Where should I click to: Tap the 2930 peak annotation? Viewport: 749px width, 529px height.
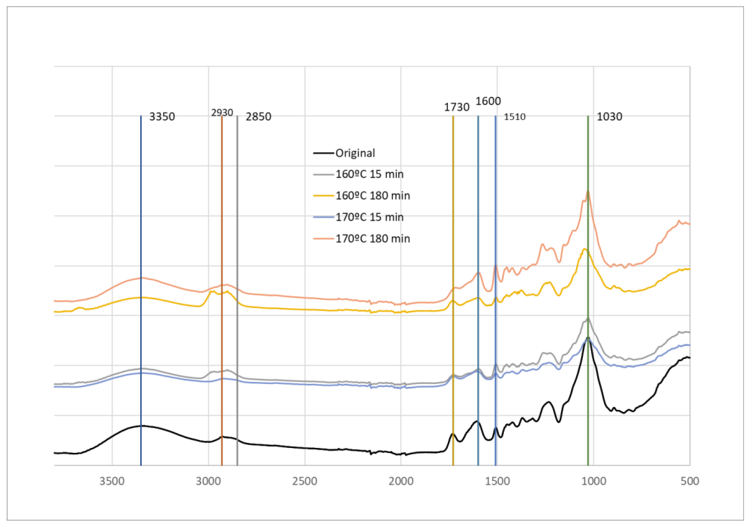[x=222, y=113]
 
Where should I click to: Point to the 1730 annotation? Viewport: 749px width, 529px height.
[x=456, y=107]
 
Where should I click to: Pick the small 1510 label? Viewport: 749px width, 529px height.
[x=514, y=117]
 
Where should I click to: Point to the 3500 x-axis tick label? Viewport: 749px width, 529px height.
[x=112, y=481]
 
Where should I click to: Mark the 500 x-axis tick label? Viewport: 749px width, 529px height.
[x=690, y=481]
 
